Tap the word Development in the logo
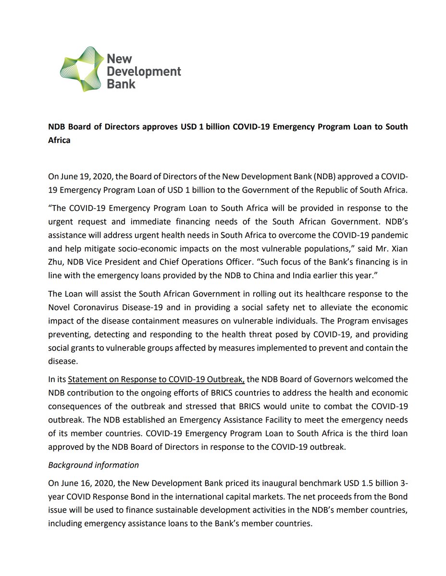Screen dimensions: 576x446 [143, 72]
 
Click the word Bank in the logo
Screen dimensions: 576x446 [121, 84]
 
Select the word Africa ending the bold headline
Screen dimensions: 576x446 [59, 141]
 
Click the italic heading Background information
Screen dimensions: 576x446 [93, 465]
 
